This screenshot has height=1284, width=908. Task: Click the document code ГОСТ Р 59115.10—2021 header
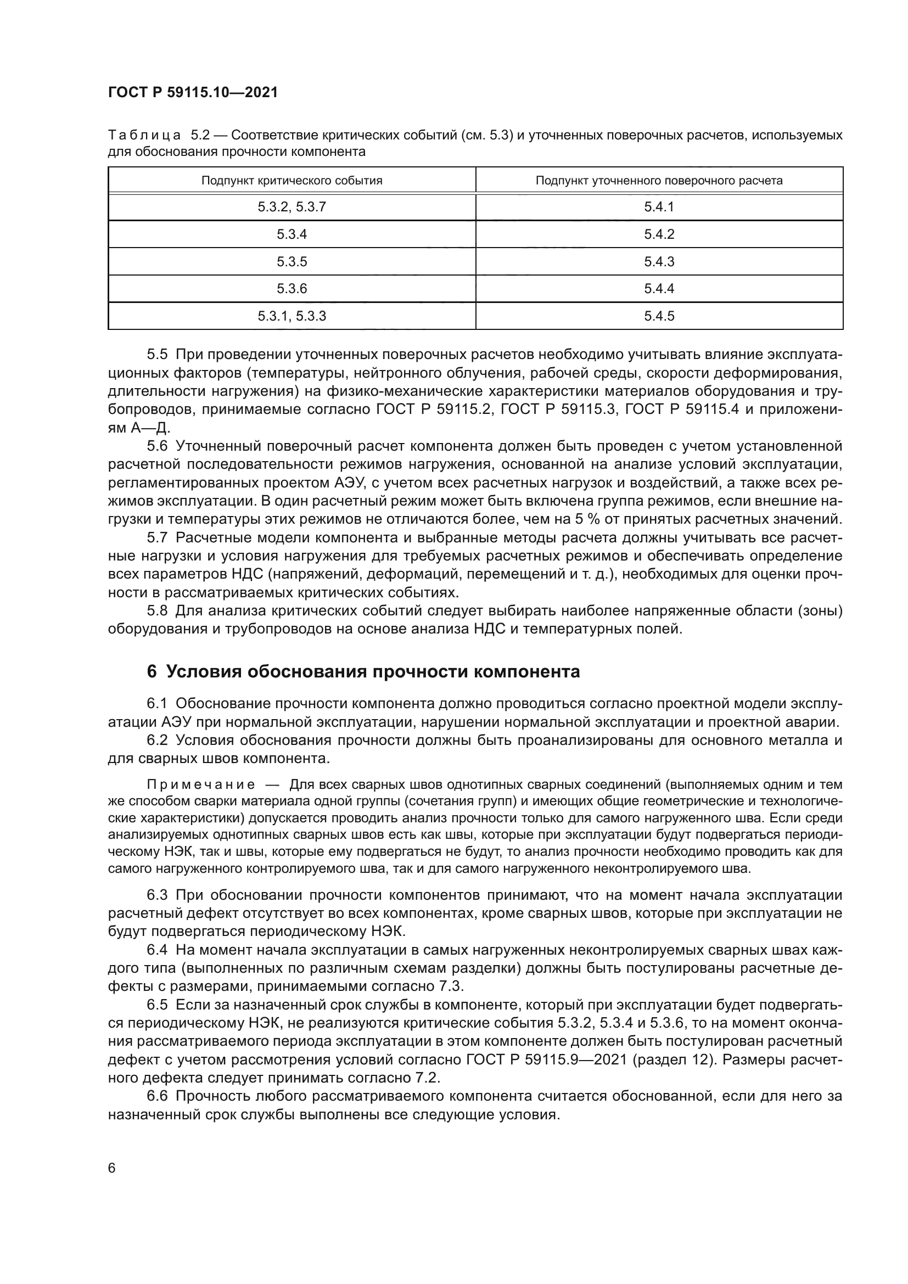pyautogui.click(x=192, y=92)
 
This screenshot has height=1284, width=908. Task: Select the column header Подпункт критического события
pyautogui.click(x=292, y=181)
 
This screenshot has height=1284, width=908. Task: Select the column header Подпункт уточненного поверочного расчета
pyautogui.click(x=659, y=181)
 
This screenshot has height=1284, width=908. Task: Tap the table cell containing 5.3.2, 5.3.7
pyautogui.click(x=292, y=207)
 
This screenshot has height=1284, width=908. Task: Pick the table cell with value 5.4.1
pyautogui.click(x=659, y=207)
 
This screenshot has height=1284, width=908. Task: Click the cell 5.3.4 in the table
pyautogui.click(x=292, y=234)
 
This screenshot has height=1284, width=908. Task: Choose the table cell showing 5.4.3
pyautogui.click(x=659, y=262)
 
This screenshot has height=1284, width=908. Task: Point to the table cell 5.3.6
pyautogui.click(x=292, y=289)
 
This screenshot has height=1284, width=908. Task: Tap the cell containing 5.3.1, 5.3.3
pyautogui.click(x=292, y=316)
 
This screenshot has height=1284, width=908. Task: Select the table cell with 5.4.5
pyautogui.click(x=659, y=316)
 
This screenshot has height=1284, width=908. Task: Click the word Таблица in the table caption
pyautogui.click(x=144, y=136)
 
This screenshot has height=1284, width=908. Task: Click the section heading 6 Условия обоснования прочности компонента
pyautogui.click(x=363, y=671)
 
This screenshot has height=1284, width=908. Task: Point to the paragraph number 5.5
pyautogui.click(x=157, y=355)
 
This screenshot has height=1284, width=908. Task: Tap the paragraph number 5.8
pyautogui.click(x=157, y=610)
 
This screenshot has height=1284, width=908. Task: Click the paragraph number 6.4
pyautogui.click(x=157, y=950)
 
